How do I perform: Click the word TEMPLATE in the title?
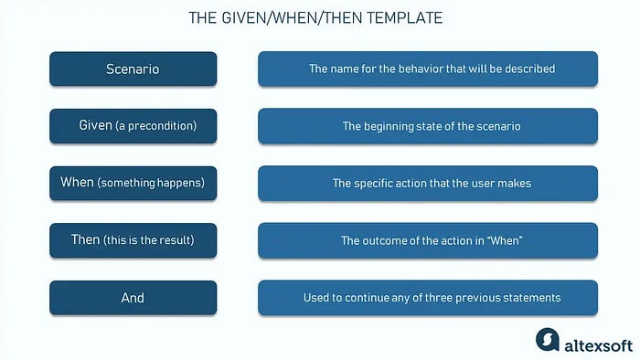(x=404, y=18)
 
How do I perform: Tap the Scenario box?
(x=133, y=69)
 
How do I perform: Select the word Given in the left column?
(x=95, y=125)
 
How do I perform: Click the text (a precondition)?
(x=156, y=125)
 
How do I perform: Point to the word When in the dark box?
(x=77, y=182)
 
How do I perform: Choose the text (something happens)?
(x=151, y=183)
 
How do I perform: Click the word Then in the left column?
(x=85, y=239)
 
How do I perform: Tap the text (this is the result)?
(x=149, y=239)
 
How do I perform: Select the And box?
(x=133, y=298)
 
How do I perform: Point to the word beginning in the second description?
(x=389, y=126)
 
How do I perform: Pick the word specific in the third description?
(x=369, y=184)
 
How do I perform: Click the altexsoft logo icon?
(x=548, y=340)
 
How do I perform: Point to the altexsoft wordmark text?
(x=598, y=346)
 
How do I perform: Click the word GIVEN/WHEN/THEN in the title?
(x=293, y=18)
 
